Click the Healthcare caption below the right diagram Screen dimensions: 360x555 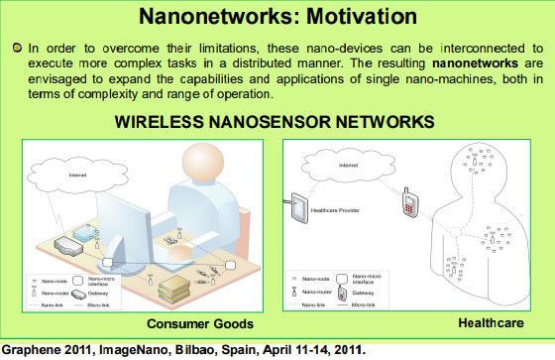click(x=494, y=322)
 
